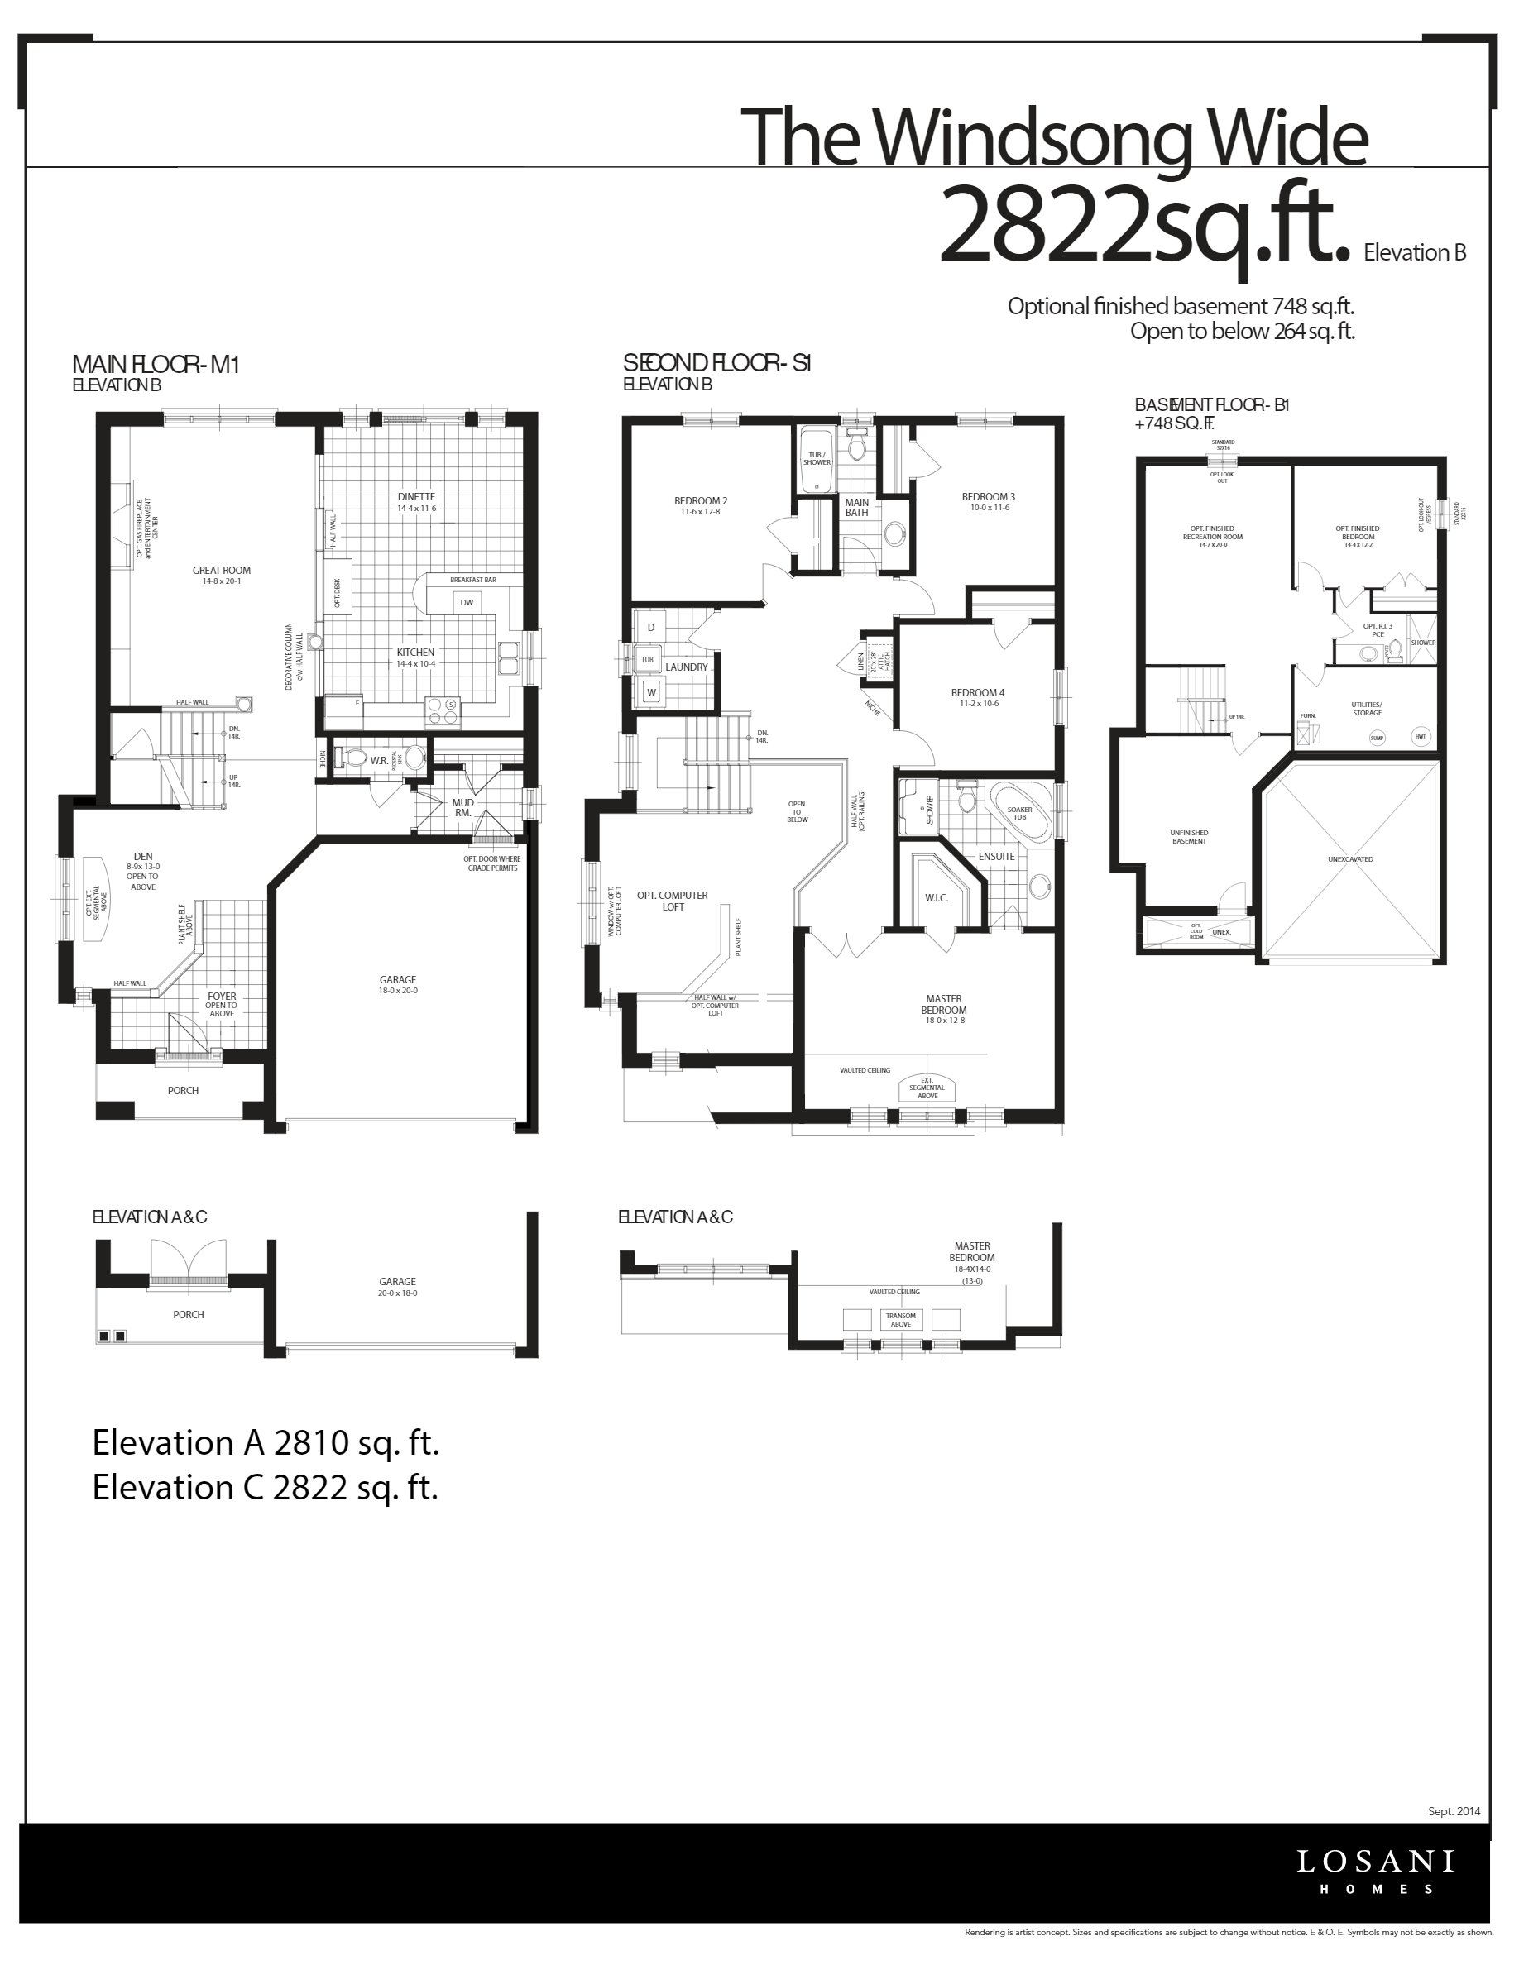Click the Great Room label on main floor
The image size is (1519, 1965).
[x=222, y=571]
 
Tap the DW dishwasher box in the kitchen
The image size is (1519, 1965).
[x=466, y=603]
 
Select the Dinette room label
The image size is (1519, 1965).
[x=416, y=498]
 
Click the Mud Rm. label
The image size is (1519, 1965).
[x=462, y=807]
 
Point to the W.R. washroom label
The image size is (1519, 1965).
[x=379, y=761]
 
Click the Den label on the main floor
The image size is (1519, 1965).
[x=143, y=858]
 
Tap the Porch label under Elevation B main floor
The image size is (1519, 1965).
[x=183, y=1091]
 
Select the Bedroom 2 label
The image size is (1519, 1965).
[x=700, y=502]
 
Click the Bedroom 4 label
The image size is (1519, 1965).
[x=977, y=693]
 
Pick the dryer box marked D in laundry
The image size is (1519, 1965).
[x=650, y=627]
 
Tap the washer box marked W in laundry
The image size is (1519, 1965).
[x=650, y=693]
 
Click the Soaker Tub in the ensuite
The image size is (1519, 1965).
[x=1019, y=813]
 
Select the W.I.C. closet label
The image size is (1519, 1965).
[x=936, y=898]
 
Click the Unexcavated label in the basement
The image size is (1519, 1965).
[x=1350, y=859]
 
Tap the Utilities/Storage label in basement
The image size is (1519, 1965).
[x=1366, y=709]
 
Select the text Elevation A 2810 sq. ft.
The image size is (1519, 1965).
[x=266, y=1442]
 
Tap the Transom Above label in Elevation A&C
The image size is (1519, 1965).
[x=900, y=1320]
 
